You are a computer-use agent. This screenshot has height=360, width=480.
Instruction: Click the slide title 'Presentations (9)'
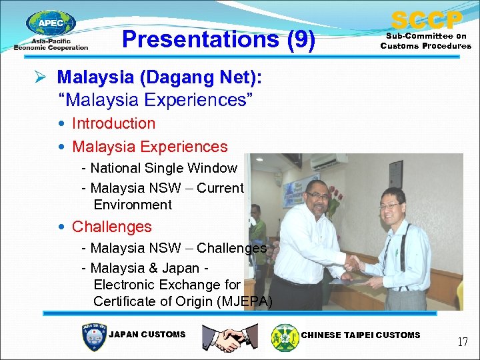219,39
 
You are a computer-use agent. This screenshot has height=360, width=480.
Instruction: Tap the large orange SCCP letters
426,20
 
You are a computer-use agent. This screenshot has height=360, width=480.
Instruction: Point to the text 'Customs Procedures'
426,46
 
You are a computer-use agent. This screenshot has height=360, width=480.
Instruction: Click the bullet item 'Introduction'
113,123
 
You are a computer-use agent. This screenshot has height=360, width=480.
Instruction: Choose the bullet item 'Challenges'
111,227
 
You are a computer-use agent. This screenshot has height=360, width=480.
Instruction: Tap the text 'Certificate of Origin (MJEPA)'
183,301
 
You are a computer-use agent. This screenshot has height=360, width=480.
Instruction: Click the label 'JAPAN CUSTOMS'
147,335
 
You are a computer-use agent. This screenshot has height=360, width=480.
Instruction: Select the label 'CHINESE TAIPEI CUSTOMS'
361,335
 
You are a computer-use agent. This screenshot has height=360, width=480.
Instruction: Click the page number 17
462,342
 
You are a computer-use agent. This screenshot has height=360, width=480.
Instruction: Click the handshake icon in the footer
230,338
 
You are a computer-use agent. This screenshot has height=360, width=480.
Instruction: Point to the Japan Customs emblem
93,337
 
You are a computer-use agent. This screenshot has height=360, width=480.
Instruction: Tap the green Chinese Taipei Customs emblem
285,337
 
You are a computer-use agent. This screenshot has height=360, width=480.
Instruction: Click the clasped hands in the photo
352,265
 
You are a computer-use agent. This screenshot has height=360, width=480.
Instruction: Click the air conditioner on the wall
329,162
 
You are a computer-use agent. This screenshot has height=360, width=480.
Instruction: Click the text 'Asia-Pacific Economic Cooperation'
51,44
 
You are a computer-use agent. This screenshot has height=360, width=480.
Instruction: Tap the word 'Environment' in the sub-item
133,205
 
